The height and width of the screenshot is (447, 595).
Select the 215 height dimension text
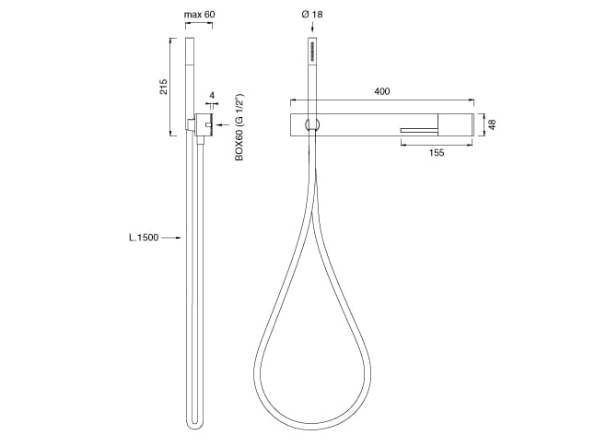coord(162,87)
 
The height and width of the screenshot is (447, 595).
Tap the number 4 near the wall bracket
coord(213,96)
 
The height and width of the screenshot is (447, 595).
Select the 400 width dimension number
coord(381,91)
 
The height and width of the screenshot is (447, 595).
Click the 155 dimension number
coord(436,153)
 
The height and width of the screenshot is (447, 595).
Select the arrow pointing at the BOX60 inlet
coord(221,123)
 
